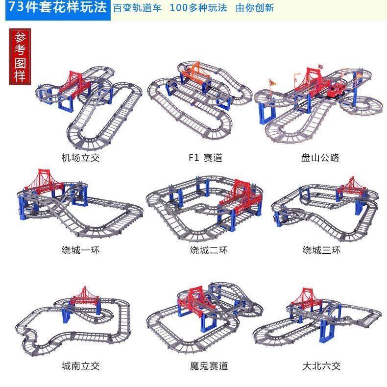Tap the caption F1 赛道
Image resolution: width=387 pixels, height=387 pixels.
pyautogui.click(x=205, y=158)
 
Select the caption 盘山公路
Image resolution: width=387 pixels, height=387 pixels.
pyautogui.click(x=320, y=158)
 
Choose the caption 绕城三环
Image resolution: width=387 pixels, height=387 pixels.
pyautogui.click(x=321, y=250)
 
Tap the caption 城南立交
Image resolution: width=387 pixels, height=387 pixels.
pyautogui.click(x=80, y=365)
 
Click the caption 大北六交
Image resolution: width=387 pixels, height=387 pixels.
pyautogui.click(x=321, y=365)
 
